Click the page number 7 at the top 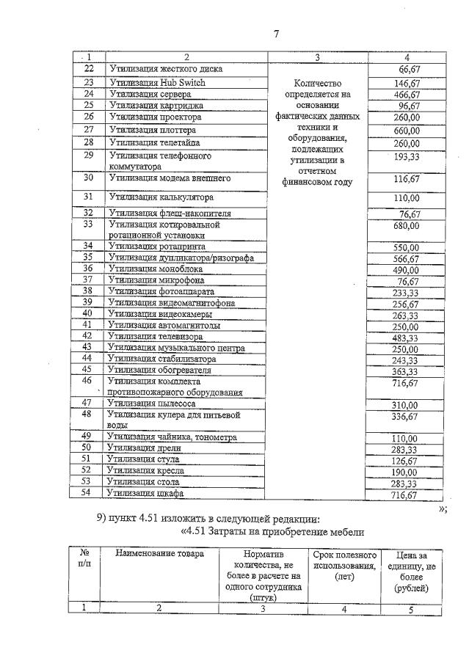277,34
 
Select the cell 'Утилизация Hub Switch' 157,83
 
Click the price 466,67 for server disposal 406,95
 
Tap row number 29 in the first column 89,156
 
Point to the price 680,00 406,226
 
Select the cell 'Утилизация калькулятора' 161,197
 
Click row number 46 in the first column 87,381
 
